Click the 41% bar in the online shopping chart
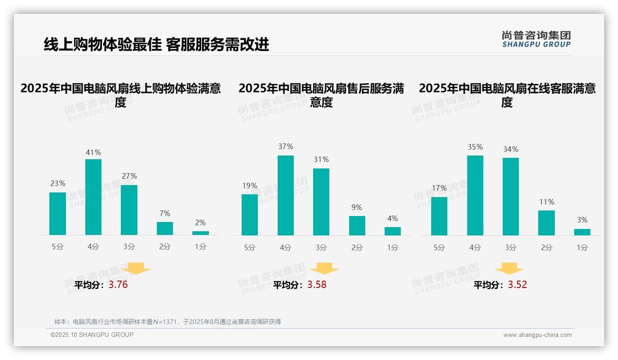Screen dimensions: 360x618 (94, 197)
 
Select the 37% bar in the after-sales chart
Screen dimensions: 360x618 (285, 195)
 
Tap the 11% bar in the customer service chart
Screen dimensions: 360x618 (547, 223)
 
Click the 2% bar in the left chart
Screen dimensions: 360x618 (201, 233)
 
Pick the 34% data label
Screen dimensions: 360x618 (511, 149)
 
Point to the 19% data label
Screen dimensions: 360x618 (250, 186)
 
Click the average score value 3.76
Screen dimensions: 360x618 (118, 285)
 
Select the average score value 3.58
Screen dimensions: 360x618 (317, 285)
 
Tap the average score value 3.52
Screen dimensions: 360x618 (517, 285)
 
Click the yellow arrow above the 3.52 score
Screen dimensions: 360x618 (509, 269)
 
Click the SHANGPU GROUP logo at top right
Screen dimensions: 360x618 (536, 39)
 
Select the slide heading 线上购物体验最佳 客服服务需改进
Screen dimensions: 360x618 (156, 44)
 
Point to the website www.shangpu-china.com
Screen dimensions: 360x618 (537, 335)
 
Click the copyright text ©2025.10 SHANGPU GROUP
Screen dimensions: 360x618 (92, 335)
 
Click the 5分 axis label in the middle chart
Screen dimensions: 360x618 (250, 247)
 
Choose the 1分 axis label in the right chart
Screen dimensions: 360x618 (582, 247)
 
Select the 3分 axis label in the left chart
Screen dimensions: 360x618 (129, 247)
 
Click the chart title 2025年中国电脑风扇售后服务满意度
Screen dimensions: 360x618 (321, 95)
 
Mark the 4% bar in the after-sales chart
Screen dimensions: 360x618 (392, 231)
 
